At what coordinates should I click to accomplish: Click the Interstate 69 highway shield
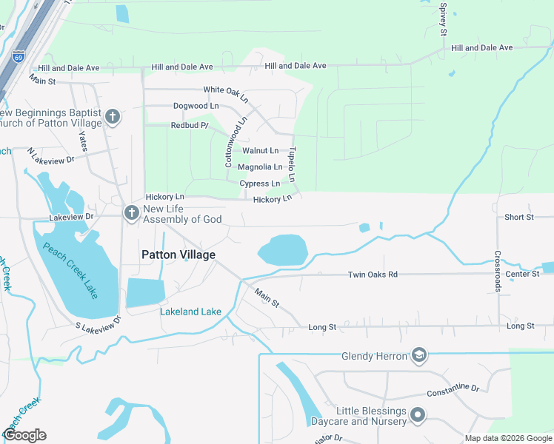(x=19, y=55)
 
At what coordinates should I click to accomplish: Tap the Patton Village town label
(x=178, y=255)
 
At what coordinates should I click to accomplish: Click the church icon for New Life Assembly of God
(x=131, y=213)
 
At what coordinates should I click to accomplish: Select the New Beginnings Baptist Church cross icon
(x=112, y=117)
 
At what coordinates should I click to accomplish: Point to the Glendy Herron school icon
(x=418, y=356)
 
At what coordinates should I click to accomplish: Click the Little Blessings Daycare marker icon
(x=418, y=415)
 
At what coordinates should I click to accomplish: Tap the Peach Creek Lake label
(x=71, y=264)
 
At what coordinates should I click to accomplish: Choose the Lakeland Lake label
(x=190, y=312)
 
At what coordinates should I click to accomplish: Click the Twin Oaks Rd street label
(x=373, y=275)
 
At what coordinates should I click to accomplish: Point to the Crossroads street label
(x=498, y=270)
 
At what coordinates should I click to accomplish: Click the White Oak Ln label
(x=226, y=92)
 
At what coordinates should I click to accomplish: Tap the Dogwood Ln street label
(x=196, y=106)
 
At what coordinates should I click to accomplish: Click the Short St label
(x=518, y=217)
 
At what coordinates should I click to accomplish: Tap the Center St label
(x=522, y=275)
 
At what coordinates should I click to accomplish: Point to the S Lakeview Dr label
(x=98, y=324)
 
